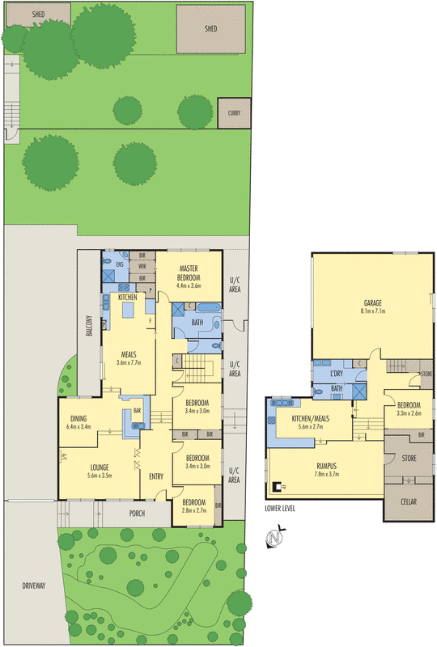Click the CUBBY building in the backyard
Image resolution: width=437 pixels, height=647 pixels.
234,113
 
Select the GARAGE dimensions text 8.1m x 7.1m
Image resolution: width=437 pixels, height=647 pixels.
372,311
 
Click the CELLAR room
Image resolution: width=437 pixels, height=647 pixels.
409,501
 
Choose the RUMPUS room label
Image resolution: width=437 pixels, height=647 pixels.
327,466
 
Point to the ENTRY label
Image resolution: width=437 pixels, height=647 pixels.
155,476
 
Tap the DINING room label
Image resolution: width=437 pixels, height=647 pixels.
78,419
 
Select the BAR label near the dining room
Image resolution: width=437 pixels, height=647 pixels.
138,410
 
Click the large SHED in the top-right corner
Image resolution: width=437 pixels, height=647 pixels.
210,27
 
